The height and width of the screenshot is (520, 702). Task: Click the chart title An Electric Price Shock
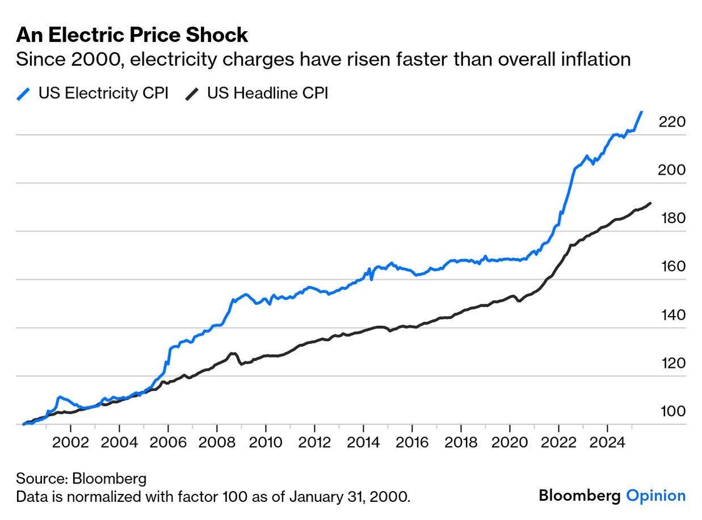click(132, 35)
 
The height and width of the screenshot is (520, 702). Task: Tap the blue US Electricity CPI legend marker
click(23, 93)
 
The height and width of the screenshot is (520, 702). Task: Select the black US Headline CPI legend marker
click(192, 93)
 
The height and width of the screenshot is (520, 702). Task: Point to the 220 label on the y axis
click(672, 122)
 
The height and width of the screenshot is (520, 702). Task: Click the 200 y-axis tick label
click(672, 170)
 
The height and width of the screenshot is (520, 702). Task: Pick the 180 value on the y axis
click(672, 219)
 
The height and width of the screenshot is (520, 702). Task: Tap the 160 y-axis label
click(672, 267)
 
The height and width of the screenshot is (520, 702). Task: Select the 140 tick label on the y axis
click(672, 315)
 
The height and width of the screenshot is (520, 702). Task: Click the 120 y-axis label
click(672, 363)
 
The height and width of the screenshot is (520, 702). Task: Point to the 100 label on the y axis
click(672, 412)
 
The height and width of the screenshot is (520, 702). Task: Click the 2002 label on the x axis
click(70, 442)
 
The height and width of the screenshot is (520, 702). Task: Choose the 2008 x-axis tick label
click(217, 442)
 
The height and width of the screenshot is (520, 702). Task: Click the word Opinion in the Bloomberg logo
click(655, 496)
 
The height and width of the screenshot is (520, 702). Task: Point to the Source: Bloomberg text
click(81, 478)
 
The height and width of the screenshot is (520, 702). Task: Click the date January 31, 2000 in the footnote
click(351, 497)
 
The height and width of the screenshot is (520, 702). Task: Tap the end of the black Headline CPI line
click(650, 203)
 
